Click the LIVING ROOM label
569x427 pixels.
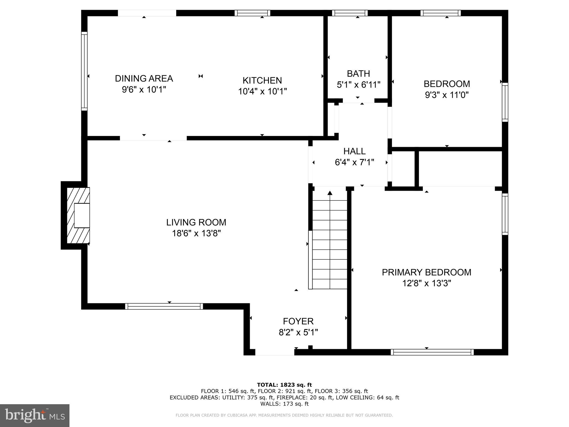pyautogui.click(x=196, y=222)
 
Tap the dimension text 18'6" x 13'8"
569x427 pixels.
pyautogui.click(x=196, y=233)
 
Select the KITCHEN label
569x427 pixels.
pyautogui.click(x=262, y=81)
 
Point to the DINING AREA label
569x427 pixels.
pyautogui.click(x=144, y=79)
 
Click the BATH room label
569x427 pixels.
pyautogui.click(x=358, y=74)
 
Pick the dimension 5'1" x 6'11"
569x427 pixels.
pyautogui.click(x=358, y=85)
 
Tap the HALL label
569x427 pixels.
pyautogui.click(x=354, y=151)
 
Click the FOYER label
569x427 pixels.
pyautogui.click(x=298, y=321)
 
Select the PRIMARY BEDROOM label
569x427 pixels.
pyautogui.click(x=426, y=272)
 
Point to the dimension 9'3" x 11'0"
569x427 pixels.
pyautogui.click(x=446, y=95)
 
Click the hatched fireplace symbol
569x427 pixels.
pyautogui.click(x=78, y=216)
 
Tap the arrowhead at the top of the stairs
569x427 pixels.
pyautogui.click(x=330, y=193)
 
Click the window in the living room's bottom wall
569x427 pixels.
pyautogui.click(x=164, y=306)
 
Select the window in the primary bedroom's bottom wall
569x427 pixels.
pyautogui.click(x=432, y=352)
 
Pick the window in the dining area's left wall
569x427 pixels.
pyautogui.click(x=84, y=71)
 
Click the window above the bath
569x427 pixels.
pyautogui.click(x=350, y=13)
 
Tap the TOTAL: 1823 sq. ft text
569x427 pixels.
pyautogui.click(x=284, y=385)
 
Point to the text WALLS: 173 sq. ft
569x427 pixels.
pyautogui.click(x=284, y=404)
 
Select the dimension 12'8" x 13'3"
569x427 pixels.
pyautogui.click(x=426, y=283)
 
